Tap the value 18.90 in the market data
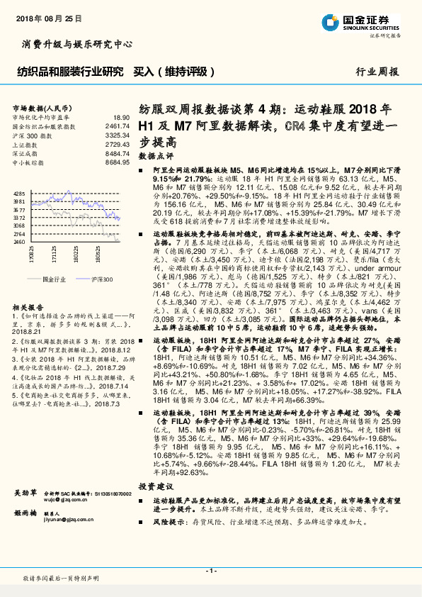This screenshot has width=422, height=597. click(x=121, y=117)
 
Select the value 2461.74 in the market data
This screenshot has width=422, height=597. click(x=118, y=125)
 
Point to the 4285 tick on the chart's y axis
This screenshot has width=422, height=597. click(x=19, y=193)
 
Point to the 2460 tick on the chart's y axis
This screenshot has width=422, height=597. click(x=19, y=242)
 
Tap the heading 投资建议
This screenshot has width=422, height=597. click(x=155, y=486)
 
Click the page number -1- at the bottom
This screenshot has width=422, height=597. click(x=210, y=571)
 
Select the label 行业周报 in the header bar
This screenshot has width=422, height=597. click(x=377, y=72)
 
